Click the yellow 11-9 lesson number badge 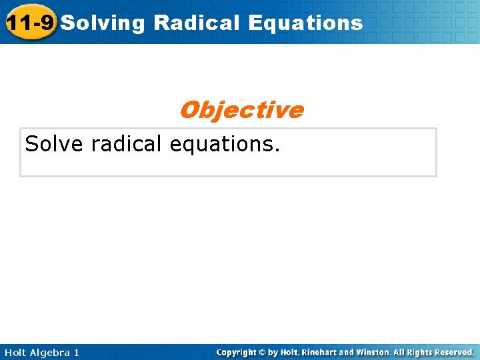click(29, 23)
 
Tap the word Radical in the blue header click(197, 23)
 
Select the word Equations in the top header click(305, 23)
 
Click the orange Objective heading click(241, 109)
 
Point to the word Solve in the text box click(53, 143)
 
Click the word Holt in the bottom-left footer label click(16, 352)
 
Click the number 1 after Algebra click(76, 352)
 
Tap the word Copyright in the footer click(237, 352)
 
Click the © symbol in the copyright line click(263, 352)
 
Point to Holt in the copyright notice click(289, 352)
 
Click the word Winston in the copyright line click(375, 352)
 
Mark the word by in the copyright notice click(273, 352)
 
